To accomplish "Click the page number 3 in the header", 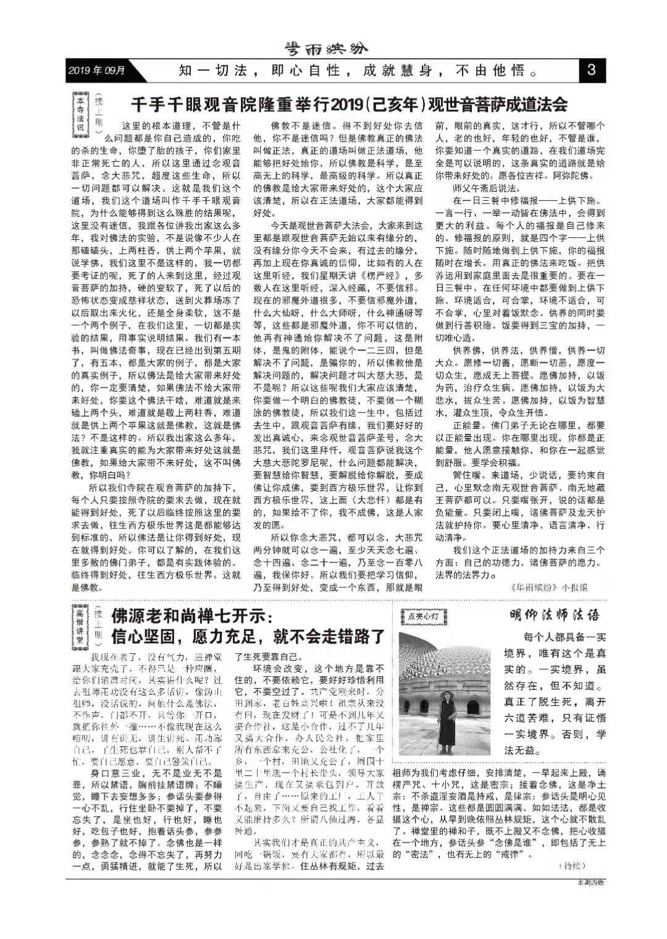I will click(x=591, y=70).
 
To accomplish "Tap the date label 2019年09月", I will click(x=98, y=70).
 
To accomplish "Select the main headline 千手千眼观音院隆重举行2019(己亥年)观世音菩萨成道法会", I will click(x=349, y=103).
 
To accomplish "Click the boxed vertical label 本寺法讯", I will click(x=80, y=113).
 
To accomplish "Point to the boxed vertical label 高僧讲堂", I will click(x=80, y=629).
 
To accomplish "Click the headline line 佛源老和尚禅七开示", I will click(x=191, y=616).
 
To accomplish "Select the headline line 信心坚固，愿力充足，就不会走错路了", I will click(x=248, y=636).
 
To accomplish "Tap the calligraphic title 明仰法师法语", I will click(x=554, y=615).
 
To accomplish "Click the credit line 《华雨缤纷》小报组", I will click(x=548, y=588).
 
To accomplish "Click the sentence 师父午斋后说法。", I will click(x=486, y=188).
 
